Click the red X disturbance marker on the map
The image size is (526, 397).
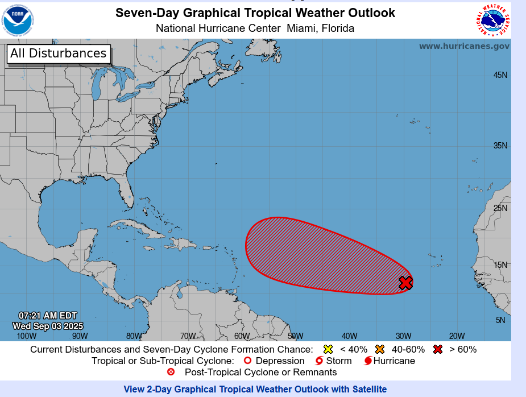(405, 283)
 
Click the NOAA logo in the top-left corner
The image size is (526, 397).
(18, 19)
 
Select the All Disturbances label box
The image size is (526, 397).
(59, 54)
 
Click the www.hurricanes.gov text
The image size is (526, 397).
(464, 46)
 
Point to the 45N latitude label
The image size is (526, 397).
(500, 75)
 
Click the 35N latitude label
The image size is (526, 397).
(500, 146)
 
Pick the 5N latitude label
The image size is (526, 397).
(500, 320)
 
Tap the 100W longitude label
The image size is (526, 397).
(26, 336)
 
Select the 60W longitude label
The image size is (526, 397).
(242, 336)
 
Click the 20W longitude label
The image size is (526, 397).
(457, 336)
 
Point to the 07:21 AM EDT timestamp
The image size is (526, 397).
(48, 316)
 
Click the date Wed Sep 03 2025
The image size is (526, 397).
(48, 326)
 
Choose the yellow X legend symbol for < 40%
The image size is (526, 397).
(328, 349)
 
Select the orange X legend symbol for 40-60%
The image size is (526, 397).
(380, 349)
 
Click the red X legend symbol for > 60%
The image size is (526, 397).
(437, 349)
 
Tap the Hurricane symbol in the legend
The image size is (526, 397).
(368, 361)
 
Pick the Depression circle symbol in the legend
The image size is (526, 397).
(247, 361)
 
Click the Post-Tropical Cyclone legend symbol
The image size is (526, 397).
(171, 372)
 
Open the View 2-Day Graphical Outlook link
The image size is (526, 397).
(255, 389)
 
